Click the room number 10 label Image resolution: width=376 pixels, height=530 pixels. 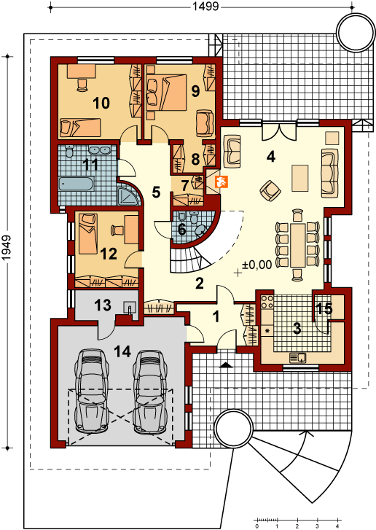[x=101, y=103]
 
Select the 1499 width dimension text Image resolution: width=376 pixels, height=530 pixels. [x=205, y=6]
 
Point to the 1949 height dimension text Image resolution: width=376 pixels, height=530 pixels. [x=7, y=248]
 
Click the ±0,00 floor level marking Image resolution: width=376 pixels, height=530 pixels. [x=256, y=265]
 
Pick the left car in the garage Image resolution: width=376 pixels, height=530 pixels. [x=91, y=391]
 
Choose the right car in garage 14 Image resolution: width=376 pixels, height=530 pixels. [x=149, y=391]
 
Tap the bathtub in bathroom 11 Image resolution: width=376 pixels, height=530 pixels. [x=77, y=184]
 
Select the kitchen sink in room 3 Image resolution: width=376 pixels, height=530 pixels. [x=297, y=357]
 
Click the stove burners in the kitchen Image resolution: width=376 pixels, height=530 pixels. [x=267, y=302]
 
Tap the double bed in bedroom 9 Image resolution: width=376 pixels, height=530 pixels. [x=166, y=93]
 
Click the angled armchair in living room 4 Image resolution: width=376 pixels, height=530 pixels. [x=270, y=190]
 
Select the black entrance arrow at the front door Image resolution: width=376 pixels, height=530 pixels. [x=226, y=365]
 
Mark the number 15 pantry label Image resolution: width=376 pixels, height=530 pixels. [x=324, y=308]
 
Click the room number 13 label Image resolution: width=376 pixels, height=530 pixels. [x=102, y=305]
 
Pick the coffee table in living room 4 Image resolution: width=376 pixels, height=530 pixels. [x=300, y=178]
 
